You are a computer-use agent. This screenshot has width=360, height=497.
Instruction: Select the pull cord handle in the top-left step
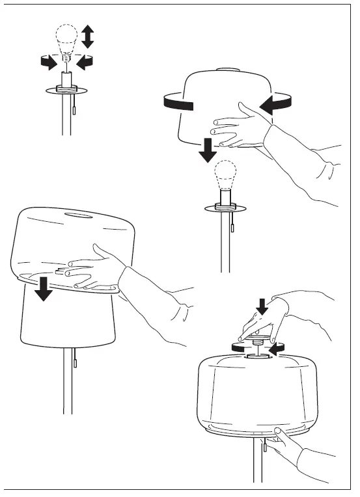point(76,111)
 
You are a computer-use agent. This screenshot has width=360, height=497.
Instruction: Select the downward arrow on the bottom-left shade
point(44,288)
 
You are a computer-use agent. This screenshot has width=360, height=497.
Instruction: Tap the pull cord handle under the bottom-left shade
point(76,360)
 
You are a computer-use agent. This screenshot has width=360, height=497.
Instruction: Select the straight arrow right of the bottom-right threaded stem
point(278,349)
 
